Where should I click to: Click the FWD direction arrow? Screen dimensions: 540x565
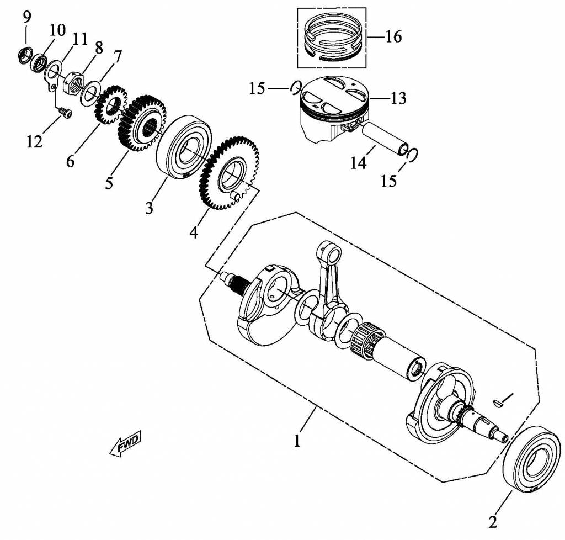tap(126, 443)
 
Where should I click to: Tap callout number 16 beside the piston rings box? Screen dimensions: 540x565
tap(393, 37)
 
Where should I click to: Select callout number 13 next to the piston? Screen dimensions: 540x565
tap(398, 98)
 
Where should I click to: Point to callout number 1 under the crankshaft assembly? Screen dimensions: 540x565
tap(297, 441)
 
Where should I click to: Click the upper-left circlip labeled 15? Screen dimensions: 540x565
tap(296, 87)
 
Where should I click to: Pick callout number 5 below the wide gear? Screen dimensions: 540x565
tap(109, 182)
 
